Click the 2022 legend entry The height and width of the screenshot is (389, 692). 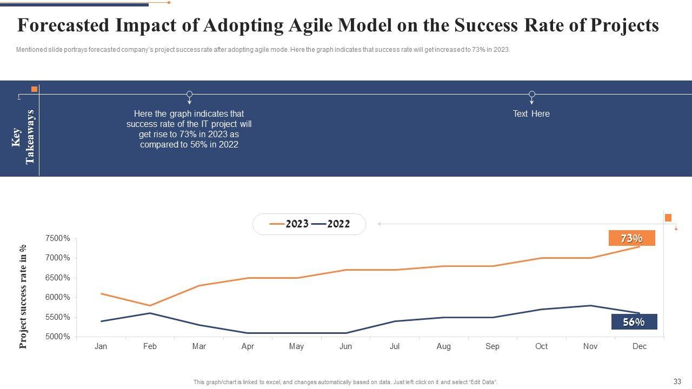click(331, 224)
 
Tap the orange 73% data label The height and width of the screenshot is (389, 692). click(631, 238)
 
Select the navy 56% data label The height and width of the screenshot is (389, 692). click(634, 322)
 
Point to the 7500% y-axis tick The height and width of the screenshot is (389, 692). click(58, 238)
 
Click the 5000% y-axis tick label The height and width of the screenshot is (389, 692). click(58, 337)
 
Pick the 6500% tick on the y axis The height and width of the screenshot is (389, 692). click(58, 278)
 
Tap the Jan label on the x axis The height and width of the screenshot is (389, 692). click(101, 346)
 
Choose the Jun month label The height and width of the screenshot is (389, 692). click(345, 346)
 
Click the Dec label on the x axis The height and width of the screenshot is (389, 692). click(640, 346)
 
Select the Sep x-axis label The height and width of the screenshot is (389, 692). click(493, 346)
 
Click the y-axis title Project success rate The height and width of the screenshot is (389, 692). click(23, 297)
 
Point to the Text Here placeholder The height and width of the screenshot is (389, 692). click(531, 114)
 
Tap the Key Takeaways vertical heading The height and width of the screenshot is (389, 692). click(23, 137)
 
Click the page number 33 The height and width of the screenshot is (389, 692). click(677, 381)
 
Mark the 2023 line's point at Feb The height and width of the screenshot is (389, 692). click(150, 306)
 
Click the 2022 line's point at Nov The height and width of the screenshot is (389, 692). click(590, 306)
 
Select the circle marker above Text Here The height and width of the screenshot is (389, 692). click(532, 94)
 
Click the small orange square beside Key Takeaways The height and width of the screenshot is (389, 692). click(34, 89)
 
